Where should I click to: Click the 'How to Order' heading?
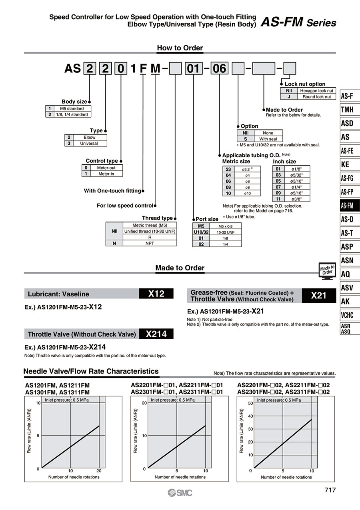(180, 48)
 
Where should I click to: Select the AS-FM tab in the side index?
(347, 206)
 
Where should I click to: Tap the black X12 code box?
(156, 294)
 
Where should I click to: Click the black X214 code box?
(156, 334)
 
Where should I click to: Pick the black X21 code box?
(319, 296)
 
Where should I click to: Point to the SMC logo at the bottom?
(180, 493)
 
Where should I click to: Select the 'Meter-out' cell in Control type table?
(106, 168)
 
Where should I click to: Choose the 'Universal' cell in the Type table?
(88, 143)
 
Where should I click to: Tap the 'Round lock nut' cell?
(316, 97)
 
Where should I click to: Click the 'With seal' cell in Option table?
(268, 139)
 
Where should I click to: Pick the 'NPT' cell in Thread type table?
(150, 243)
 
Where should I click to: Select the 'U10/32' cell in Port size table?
(201, 232)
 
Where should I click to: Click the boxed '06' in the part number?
(220, 69)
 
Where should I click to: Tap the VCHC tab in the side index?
(347, 315)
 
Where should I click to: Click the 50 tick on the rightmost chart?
(250, 403)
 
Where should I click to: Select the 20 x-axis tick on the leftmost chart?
(99, 471)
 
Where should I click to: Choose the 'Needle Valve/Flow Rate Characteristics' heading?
(91, 371)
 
